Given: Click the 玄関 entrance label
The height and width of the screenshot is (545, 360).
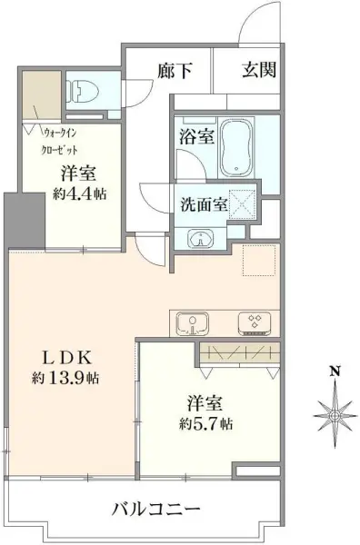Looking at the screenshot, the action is (259, 70).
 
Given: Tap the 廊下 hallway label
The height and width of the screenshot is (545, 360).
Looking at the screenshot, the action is (175, 71).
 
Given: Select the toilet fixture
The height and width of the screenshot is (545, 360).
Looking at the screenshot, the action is (84, 92).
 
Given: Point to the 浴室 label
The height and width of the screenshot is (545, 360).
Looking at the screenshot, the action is (196, 137).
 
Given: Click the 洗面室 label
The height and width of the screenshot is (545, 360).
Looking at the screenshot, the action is (204, 204).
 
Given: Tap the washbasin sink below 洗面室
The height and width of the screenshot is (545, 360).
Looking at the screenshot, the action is (201, 238).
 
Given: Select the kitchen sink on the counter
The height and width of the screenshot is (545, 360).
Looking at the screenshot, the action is (193, 324).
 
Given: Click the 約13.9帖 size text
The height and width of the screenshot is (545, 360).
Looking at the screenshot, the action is (65, 378).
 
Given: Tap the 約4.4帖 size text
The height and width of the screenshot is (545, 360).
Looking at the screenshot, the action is (80, 193).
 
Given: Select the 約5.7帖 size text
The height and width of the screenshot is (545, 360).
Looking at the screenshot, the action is (206, 423).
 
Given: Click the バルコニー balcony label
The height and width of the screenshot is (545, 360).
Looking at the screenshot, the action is (156, 510).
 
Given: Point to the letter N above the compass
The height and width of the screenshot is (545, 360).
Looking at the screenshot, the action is (335, 371).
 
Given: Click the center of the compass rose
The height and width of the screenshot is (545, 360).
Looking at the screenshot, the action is (335, 415).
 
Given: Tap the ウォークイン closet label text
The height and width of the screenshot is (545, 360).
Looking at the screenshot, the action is (60, 133).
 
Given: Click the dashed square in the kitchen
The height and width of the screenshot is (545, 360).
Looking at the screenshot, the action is (259, 261).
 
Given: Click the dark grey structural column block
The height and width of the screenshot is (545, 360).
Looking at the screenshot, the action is (25, 221).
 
